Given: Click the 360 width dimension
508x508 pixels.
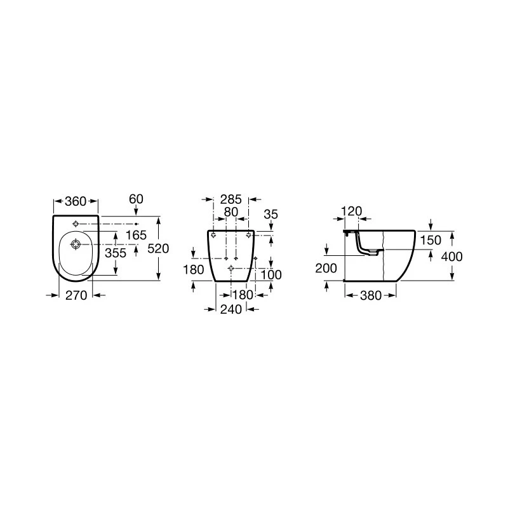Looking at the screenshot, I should click(x=76, y=201).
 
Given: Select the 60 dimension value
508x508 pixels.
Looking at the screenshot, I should click(x=137, y=199).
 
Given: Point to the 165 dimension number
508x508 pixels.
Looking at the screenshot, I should click(x=136, y=236).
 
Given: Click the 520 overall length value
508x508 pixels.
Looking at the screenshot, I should click(x=158, y=250).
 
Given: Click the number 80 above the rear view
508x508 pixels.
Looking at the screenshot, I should click(x=231, y=212).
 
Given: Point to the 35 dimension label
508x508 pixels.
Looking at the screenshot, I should click(x=271, y=215).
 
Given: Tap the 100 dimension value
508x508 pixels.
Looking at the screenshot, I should click(x=271, y=276).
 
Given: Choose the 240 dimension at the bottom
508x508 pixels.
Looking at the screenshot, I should click(x=231, y=309).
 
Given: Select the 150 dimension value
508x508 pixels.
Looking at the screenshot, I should click(x=430, y=240).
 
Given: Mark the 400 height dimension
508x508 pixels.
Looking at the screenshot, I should click(x=453, y=257).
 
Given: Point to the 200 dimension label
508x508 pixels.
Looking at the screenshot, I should click(x=326, y=269).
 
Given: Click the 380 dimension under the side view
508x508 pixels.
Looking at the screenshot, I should click(x=371, y=295).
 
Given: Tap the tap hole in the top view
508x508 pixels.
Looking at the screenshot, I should click(x=76, y=224).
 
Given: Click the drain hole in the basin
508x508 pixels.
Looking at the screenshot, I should click(x=76, y=244).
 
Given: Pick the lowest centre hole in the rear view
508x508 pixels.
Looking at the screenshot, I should click(x=231, y=269).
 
